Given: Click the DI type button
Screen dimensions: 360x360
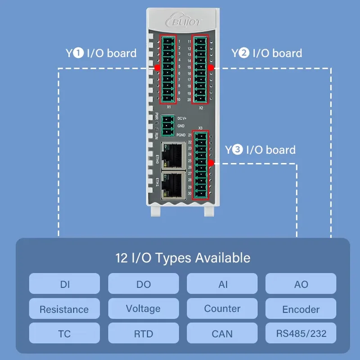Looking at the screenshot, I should (x=64, y=284).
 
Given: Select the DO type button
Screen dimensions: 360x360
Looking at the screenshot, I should (x=144, y=284).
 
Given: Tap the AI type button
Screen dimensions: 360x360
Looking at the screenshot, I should (x=222, y=284).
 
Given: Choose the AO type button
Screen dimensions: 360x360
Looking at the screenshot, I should (x=301, y=284).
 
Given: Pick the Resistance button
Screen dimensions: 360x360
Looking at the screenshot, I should (x=64, y=309).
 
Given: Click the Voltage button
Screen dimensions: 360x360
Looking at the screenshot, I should (x=144, y=309).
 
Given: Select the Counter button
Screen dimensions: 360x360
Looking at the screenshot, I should (x=222, y=309).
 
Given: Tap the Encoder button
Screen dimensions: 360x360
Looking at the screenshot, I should (x=301, y=309).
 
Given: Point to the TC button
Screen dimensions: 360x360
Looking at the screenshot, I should (x=64, y=334).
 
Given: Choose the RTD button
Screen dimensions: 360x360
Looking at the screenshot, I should (x=144, y=334).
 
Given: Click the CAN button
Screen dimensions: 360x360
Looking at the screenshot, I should (x=222, y=334).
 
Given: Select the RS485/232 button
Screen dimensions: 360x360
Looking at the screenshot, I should (x=301, y=334).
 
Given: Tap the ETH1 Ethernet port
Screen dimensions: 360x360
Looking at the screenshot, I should (x=173, y=184).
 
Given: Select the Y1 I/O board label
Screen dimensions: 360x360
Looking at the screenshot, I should (x=101, y=53).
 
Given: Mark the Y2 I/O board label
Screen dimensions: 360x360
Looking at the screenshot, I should (x=266, y=53).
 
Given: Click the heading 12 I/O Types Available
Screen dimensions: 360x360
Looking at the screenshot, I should (x=182, y=258).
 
